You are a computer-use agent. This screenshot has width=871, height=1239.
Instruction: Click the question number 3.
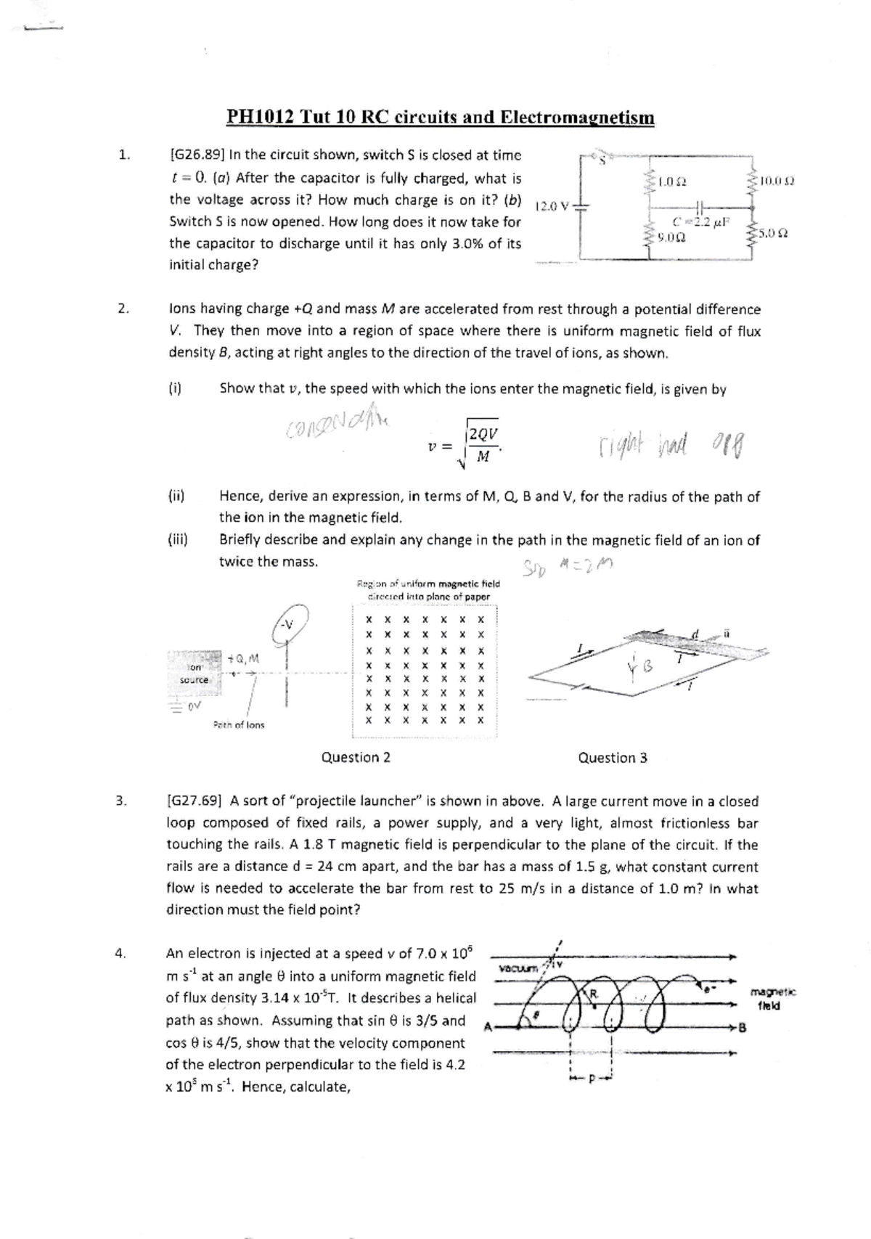click(122, 801)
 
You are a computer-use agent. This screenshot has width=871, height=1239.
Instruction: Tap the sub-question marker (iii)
click(179, 540)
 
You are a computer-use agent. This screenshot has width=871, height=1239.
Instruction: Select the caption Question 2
click(356, 758)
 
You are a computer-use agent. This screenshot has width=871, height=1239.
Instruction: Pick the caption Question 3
click(613, 758)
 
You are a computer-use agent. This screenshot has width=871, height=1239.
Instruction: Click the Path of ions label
click(239, 725)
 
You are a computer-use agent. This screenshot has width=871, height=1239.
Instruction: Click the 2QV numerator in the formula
click(483, 433)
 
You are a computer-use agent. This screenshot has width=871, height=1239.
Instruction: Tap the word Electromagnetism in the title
click(578, 118)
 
